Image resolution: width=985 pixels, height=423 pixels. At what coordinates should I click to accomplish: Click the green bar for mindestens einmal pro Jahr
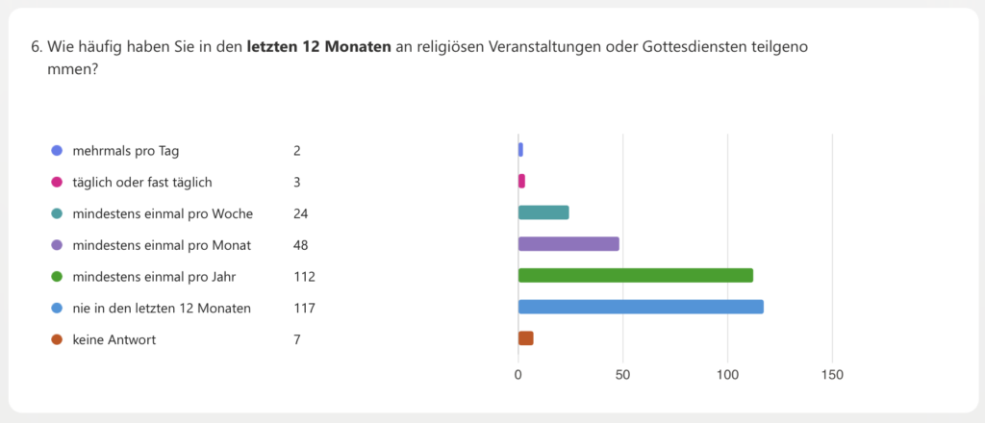[635, 276]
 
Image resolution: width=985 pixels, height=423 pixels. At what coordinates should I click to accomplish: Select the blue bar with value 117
[641, 307]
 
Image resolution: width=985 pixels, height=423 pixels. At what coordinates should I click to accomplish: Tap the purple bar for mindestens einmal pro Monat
[568, 244]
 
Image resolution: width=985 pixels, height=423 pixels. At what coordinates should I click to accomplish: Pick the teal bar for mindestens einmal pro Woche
[543, 212]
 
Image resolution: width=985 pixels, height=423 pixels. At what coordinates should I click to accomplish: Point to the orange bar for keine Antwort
[525, 338]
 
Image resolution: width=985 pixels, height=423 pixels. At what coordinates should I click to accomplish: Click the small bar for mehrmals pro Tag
[520, 150]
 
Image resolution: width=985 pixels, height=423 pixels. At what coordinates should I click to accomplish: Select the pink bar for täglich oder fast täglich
[521, 181]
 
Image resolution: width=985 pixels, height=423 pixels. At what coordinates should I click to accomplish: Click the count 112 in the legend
[304, 277]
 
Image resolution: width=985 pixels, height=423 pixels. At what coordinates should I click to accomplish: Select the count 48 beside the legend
[301, 245]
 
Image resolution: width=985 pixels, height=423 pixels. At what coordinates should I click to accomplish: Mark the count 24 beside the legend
[301, 213]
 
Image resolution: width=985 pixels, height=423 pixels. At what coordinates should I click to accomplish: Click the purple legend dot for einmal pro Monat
[57, 245]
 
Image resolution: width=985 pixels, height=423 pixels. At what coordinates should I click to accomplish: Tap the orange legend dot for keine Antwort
[57, 339]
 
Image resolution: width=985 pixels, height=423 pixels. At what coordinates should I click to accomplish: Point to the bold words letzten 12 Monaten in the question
[319, 47]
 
